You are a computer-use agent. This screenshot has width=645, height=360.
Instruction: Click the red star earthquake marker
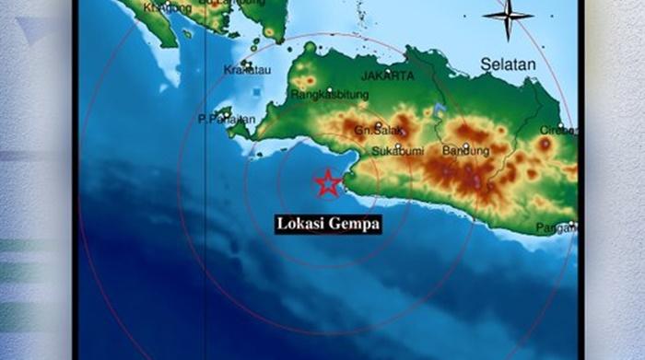click(x=327, y=182)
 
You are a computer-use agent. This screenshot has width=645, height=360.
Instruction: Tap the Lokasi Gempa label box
click(x=328, y=224)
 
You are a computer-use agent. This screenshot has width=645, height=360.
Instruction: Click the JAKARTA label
click(x=388, y=75)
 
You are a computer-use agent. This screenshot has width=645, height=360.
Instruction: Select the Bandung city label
click(x=464, y=151)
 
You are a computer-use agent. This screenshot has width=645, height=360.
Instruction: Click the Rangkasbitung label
click(x=330, y=94)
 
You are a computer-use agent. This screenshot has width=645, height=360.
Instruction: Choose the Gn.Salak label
click(x=380, y=132)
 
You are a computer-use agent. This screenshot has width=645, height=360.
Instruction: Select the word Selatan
click(x=507, y=64)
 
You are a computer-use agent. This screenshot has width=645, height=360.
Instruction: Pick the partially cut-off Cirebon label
click(x=559, y=130)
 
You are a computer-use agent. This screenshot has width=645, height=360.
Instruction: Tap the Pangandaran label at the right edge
click(x=558, y=227)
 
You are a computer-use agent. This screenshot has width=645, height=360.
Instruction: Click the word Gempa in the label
click(x=355, y=224)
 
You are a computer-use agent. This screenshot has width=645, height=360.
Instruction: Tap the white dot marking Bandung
click(x=466, y=143)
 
